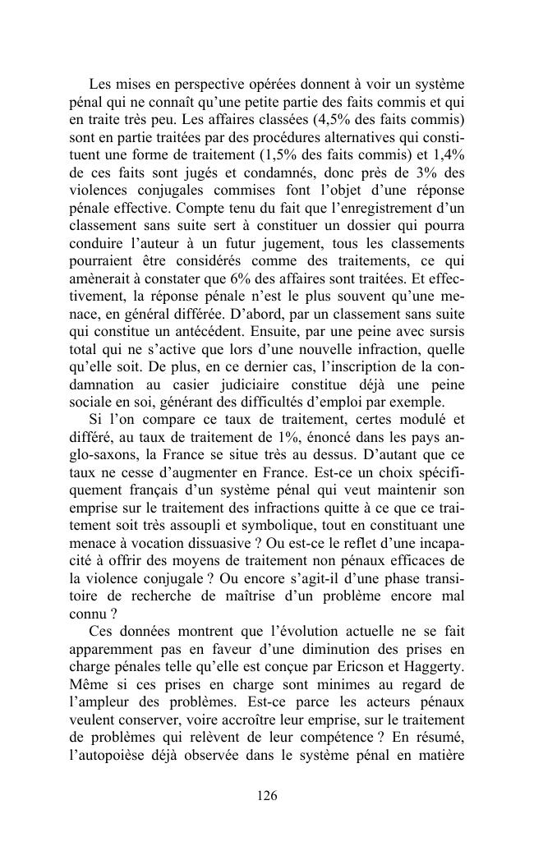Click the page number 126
click(x=266, y=795)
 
